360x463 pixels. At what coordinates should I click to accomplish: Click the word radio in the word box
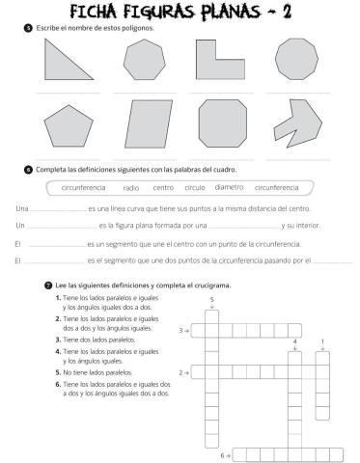click(x=131, y=187)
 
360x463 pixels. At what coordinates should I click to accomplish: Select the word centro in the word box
click(x=163, y=187)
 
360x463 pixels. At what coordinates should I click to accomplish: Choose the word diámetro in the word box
click(x=229, y=187)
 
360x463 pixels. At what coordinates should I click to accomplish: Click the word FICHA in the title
click(x=99, y=13)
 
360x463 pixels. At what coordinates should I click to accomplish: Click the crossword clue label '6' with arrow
click(x=225, y=453)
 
